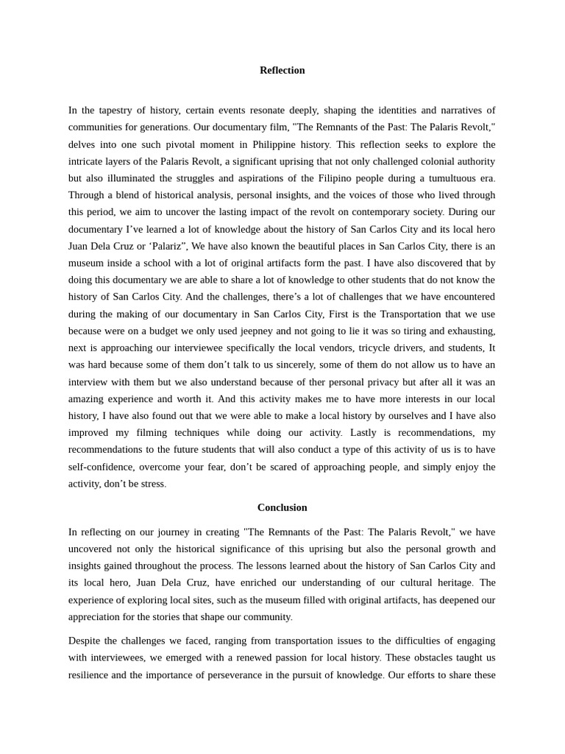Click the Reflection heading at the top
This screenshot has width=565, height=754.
click(x=282, y=70)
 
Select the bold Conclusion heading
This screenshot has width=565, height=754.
click(x=282, y=507)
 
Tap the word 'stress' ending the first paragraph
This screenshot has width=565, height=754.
click(x=151, y=483)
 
